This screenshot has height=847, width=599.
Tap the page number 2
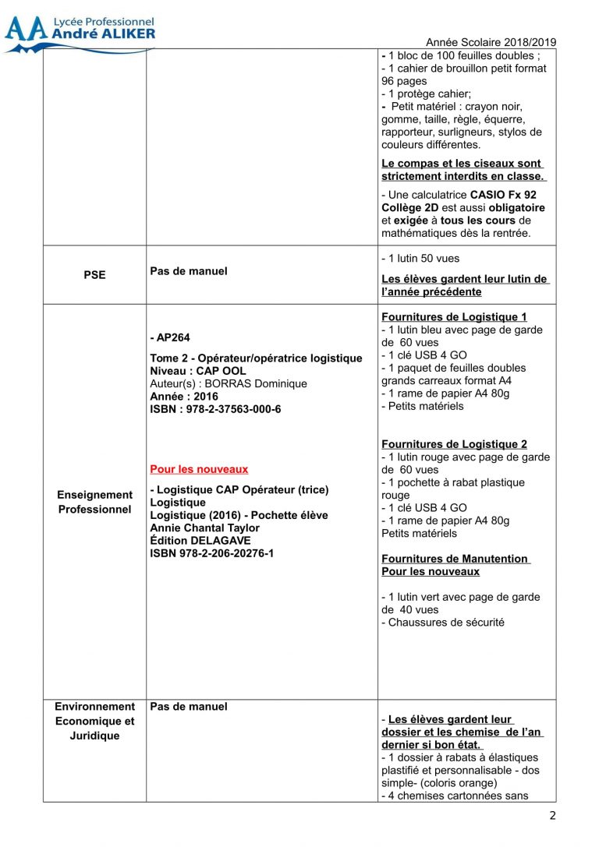(x=553, y=816)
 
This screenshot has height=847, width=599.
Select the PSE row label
(x=94, y=275)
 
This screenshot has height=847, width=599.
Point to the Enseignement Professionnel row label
(x=94, y=502)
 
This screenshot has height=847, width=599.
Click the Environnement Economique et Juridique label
(x=94, y=721)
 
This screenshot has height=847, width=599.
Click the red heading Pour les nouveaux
(x=199, y=469)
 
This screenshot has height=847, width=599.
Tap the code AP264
(x=172, y=338)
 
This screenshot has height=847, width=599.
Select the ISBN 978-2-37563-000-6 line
(x=215, y=409)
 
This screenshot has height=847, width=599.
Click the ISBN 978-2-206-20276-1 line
(x=211, y=553)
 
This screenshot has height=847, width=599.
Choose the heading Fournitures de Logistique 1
(x=454, y=317)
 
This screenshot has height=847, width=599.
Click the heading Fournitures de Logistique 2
(x=454, y=444)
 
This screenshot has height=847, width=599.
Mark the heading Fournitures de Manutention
(x=455, y=559)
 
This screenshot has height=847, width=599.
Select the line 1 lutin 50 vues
(x=422, y=258)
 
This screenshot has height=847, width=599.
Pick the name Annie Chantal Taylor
(x=204, y=528)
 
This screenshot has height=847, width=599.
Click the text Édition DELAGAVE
(x=200, y=540)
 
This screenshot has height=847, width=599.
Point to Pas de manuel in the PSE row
(x=189, y=272)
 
